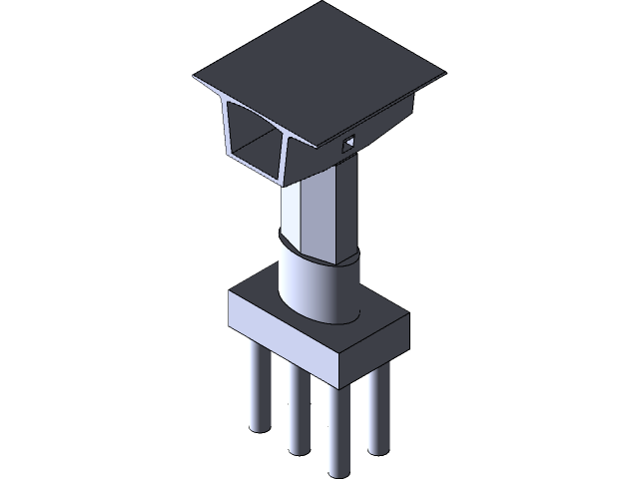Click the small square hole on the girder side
click(x=348, y=144)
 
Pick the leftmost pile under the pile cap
click(x=258, y=394)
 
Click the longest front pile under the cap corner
click(x=336, y=429)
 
